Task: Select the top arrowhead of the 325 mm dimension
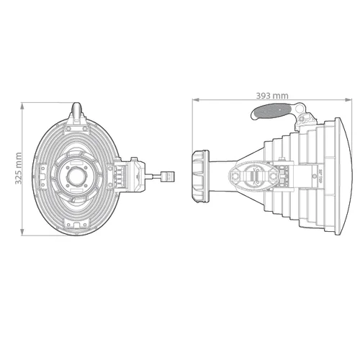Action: (x=24, y=104)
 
